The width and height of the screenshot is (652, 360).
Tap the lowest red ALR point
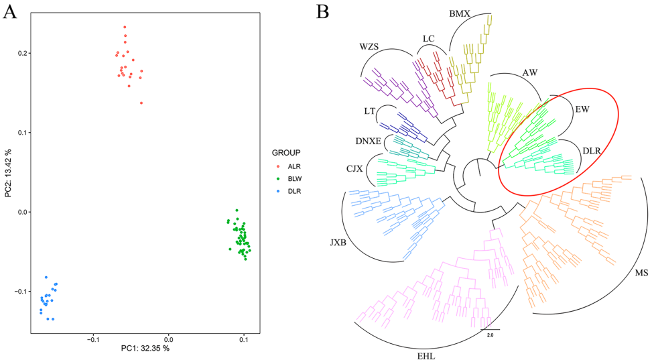coord(141,103)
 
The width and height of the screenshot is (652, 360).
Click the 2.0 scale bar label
coord(489,334)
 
